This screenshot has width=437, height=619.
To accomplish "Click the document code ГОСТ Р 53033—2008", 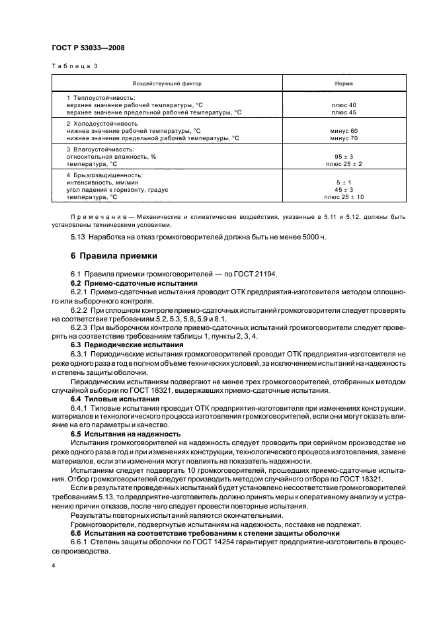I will [88, 48].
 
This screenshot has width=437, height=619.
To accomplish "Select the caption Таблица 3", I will [74, 67].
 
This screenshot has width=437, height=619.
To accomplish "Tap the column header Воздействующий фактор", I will [167, 85].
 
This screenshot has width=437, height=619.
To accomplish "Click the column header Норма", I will [344, 85].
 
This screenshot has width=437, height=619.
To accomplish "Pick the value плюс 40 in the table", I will [344, 106].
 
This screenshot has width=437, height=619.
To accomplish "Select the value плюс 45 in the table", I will [344, 112].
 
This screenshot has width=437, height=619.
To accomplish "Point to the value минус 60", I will [344, 131].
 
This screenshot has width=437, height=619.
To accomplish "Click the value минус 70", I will [344, 138].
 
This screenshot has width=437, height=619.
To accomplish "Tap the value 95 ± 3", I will [344, 157].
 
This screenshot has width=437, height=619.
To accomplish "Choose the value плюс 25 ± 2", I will [344, 163].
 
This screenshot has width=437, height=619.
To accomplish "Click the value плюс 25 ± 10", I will [344, 197].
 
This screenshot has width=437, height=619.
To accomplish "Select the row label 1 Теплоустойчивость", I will [100, 98].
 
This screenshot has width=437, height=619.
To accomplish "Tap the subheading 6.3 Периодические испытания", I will [126, 345].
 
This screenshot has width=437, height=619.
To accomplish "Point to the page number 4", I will [54, 567].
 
